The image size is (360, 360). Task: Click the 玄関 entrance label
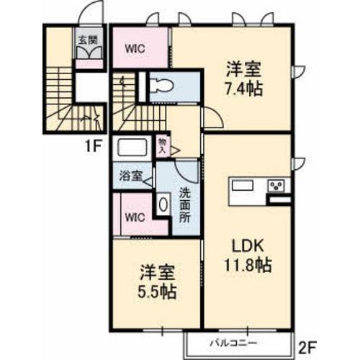coord(85,40)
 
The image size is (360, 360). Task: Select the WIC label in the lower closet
coord(134,215)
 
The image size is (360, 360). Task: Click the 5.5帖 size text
coord(157,293)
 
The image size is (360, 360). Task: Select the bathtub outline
coord(132,150)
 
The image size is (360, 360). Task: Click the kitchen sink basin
coord(242,186)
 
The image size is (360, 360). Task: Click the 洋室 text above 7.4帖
coord(243,70)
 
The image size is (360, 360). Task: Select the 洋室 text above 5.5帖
coord(157,274)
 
